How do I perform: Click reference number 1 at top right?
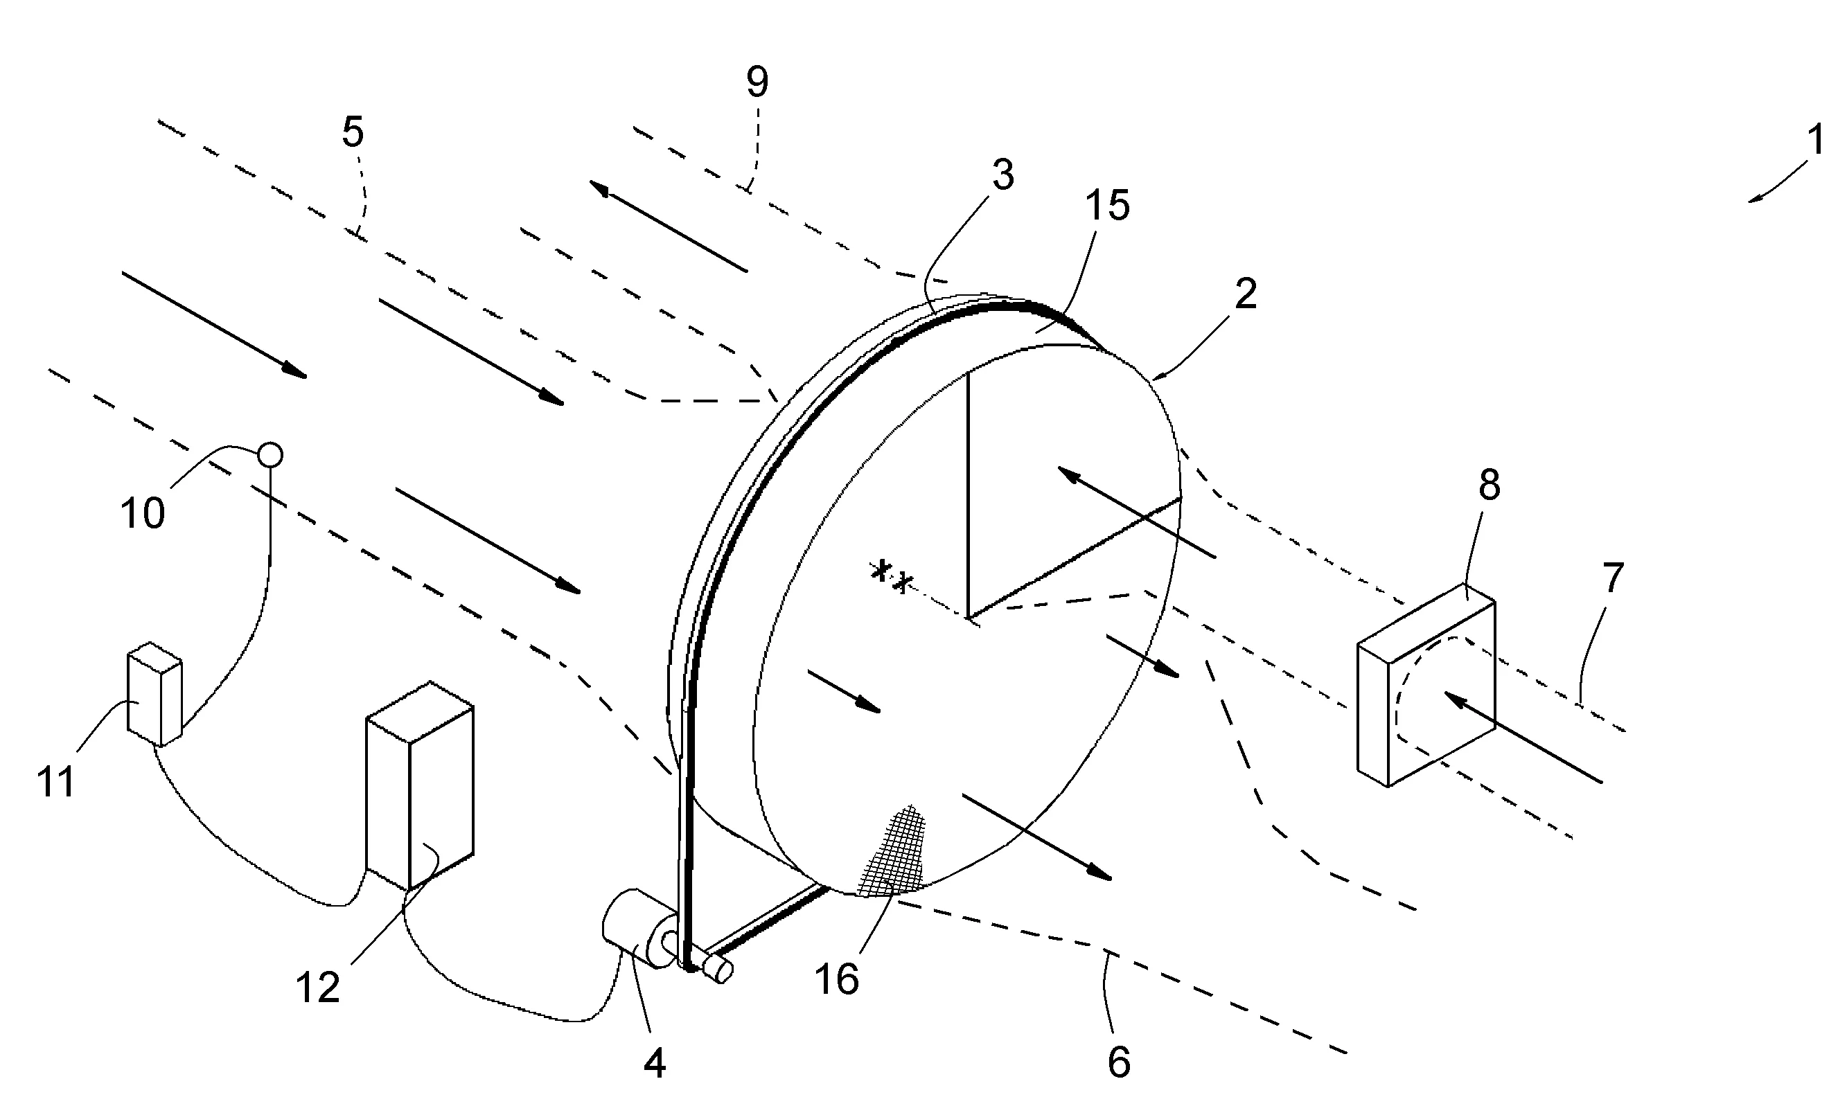coord(1813,140)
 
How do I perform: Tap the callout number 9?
coord(757,82)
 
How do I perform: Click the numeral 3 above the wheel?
coord(1003,175)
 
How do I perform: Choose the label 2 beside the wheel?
coord(1246,294)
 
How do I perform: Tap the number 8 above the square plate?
coord(1490,485)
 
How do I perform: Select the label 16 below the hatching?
coord(836,979)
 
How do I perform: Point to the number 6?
coord(1118,1062)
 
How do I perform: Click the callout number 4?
coord(655,1062)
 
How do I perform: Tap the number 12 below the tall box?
coord(318,988)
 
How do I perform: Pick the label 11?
coord(56,782)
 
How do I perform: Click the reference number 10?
coord(143,513)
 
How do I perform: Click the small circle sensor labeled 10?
coord(270,455)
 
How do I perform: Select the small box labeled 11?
coord(154,694)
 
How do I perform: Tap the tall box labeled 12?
coord(419,786)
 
